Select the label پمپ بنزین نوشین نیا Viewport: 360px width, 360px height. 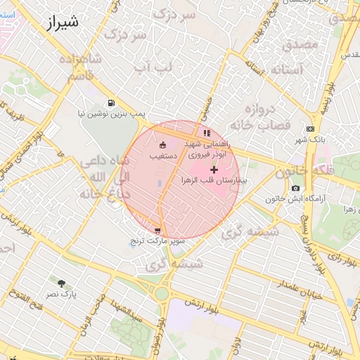click(x=110, y=113)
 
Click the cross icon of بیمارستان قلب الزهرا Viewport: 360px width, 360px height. click(x=214, y=170)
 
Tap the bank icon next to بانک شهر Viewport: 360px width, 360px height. click(x=311, y=129)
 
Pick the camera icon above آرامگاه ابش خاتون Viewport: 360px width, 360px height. click(x=295, y=188)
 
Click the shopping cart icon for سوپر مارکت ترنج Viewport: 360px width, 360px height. click(x=157, y=230)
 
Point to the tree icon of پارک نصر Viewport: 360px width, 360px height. click(x=63, y=283)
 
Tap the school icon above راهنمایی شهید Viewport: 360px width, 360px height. click(x=206, y=132)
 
